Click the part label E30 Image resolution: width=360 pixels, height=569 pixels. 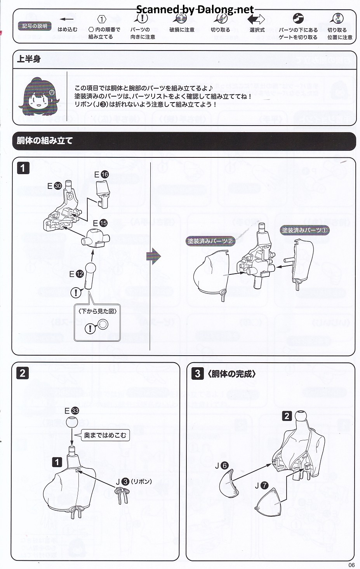55,186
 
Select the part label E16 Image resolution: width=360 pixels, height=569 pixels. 102,175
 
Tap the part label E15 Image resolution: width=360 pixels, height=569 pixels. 100,223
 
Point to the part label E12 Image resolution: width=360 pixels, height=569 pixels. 77,274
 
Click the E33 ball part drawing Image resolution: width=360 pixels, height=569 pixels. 72,422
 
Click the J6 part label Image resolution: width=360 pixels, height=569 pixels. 222,465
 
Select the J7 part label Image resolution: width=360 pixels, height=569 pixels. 261,485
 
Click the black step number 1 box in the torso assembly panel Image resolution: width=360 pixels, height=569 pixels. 23,168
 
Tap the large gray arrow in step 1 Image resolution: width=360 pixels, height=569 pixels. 154,257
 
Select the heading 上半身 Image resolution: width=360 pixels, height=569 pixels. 29,59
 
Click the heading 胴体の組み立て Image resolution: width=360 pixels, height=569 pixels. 45,141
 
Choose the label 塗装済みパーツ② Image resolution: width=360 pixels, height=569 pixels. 210,241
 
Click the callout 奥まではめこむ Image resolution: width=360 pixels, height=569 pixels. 105,435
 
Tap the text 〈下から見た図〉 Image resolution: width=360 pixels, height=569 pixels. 97,311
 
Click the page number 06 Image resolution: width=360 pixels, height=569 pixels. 351,565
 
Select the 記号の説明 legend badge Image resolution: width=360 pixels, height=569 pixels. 35,26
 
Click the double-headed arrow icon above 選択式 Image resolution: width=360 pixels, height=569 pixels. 256,19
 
